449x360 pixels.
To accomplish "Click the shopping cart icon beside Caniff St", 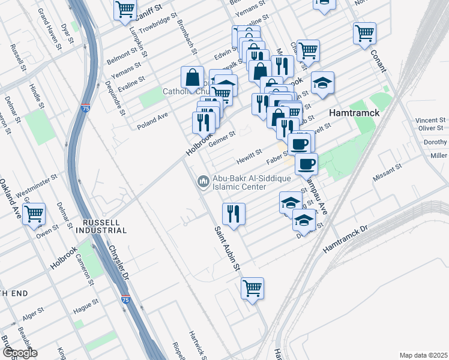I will point(125,9).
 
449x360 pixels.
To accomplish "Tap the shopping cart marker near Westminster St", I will point(34,213).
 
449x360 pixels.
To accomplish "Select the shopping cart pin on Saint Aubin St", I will point(253,288).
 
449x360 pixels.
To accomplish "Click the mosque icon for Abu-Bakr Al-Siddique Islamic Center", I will point(203,181).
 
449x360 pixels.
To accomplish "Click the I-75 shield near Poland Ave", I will point(86,109).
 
